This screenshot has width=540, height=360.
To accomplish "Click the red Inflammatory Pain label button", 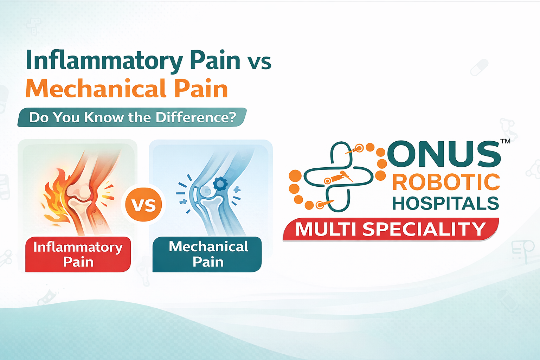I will click(x=78, y=254).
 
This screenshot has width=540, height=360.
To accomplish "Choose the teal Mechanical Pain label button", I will click(x=207, y=254).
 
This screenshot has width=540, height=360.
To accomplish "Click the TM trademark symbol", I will click(x=505, y=141).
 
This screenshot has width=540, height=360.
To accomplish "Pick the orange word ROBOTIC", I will click(x=446, y=182).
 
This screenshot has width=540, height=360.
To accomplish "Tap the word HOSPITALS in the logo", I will click(x=445, y=204).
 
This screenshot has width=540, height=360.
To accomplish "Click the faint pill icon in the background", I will click(x=479, y=67).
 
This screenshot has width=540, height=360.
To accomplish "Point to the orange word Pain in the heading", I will click(x=201, y=89).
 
